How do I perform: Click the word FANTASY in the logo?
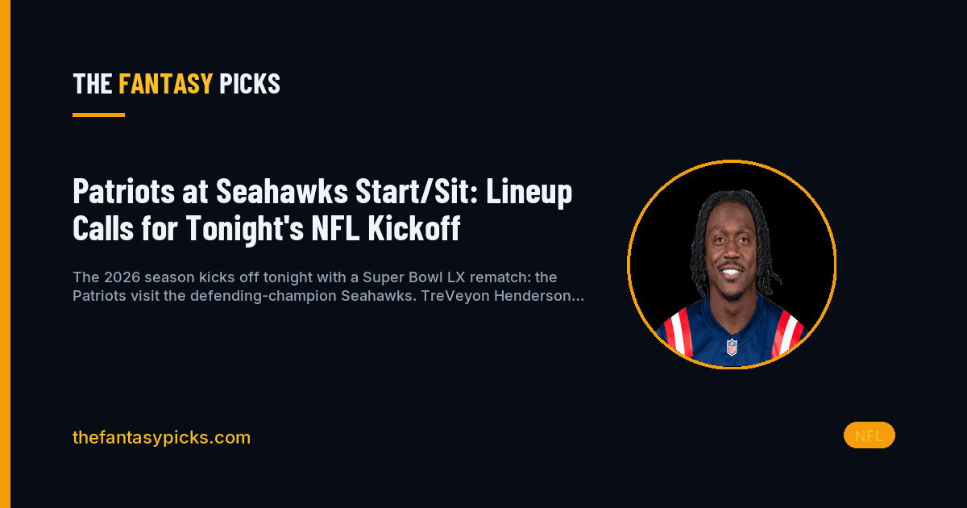pos(166,83)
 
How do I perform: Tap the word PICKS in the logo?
pos(250,83)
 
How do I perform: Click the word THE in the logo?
pos(93,83)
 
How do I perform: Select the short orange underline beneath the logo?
pos(98,115)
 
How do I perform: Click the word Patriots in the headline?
pos(124,191)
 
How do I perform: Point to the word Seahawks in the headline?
pos(282,191)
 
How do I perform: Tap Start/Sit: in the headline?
pos(417,191)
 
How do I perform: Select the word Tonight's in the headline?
pos(245,229)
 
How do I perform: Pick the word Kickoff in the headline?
pos(414,227)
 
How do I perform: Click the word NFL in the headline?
pos(335,227)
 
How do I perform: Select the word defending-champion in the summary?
pos(264,297)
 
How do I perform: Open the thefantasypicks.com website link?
pos(161,438)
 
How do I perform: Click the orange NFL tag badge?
pos(869,435)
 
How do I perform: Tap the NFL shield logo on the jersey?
pos(732,348)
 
